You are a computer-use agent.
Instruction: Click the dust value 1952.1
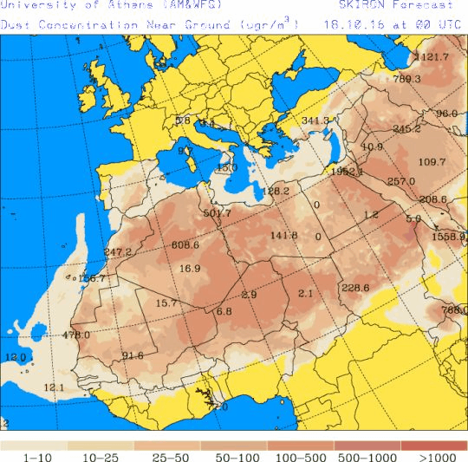coord(347,172)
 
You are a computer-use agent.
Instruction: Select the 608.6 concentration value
coord(185,245)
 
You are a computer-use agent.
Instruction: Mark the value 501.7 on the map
coord(217,213)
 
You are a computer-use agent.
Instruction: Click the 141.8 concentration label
coord(283,236)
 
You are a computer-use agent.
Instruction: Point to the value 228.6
coord(355,289)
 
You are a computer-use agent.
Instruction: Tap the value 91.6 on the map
coord(133,355)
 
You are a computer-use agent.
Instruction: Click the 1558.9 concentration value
coord(449,236)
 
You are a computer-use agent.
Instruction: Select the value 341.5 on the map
coord(315,120)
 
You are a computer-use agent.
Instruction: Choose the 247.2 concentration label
coord(117,252)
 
